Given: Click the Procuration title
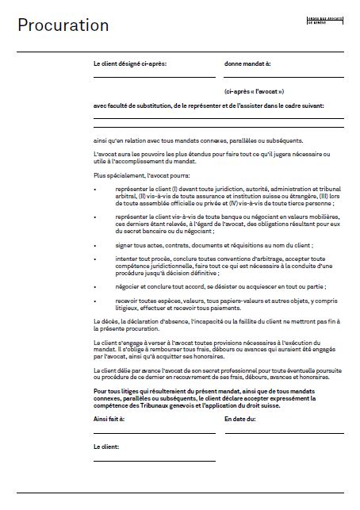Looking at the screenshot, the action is click(x=63, y=26).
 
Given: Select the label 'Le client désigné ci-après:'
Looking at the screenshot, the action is click(x=131, y=61).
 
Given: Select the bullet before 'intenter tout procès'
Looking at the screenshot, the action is click(x=95, y=258).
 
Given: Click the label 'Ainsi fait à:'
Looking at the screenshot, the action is click(x=114, y=418).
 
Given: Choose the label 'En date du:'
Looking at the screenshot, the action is click(x=240, y=418).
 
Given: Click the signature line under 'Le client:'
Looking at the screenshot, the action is click(x=154, y=461).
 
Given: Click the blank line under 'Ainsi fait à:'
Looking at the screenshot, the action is click(x=154, y=433).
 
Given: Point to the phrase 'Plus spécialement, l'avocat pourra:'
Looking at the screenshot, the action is click(x=140, y=174).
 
